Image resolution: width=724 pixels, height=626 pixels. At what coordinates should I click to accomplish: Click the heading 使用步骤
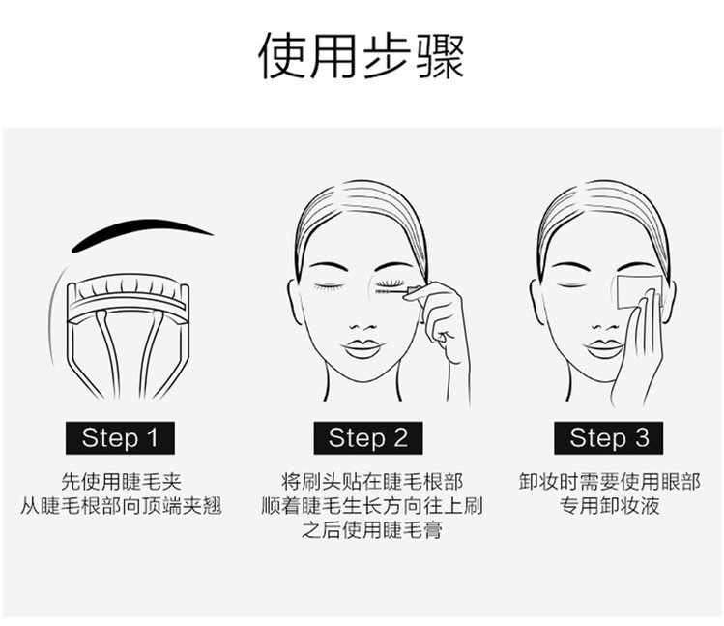[x=362, y=56]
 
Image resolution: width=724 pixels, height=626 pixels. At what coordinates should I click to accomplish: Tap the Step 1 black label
[x=120, y=438]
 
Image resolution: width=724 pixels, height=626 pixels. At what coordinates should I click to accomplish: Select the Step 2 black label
[x=368, y=438]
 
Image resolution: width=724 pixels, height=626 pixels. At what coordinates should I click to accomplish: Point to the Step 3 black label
[x=609, y=438]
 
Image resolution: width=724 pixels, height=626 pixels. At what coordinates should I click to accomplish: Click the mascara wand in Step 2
[x=397, y=291]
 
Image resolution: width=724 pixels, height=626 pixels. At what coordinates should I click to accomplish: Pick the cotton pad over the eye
[x=640, y=291]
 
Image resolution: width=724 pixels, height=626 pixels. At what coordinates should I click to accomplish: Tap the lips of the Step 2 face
[x=362, y=349]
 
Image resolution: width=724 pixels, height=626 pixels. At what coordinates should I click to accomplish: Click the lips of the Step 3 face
[x=603, y=349]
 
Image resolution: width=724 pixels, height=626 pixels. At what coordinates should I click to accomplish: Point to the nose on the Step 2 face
[x=362, y=326]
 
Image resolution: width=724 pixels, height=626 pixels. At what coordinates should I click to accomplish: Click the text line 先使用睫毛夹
[x=121, y=482]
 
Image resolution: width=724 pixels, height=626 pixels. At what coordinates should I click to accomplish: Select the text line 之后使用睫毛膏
[x=372, y=530]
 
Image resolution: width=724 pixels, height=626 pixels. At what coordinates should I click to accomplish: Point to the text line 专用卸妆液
[x=610, y=506]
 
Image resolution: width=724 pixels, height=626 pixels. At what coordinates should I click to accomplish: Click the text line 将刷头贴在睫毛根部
[x=372, y=482]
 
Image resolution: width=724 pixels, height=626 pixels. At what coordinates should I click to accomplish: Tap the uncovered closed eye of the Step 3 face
[x=572, y=285]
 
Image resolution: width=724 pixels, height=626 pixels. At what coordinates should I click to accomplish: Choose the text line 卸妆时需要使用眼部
[x=610, y=482]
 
